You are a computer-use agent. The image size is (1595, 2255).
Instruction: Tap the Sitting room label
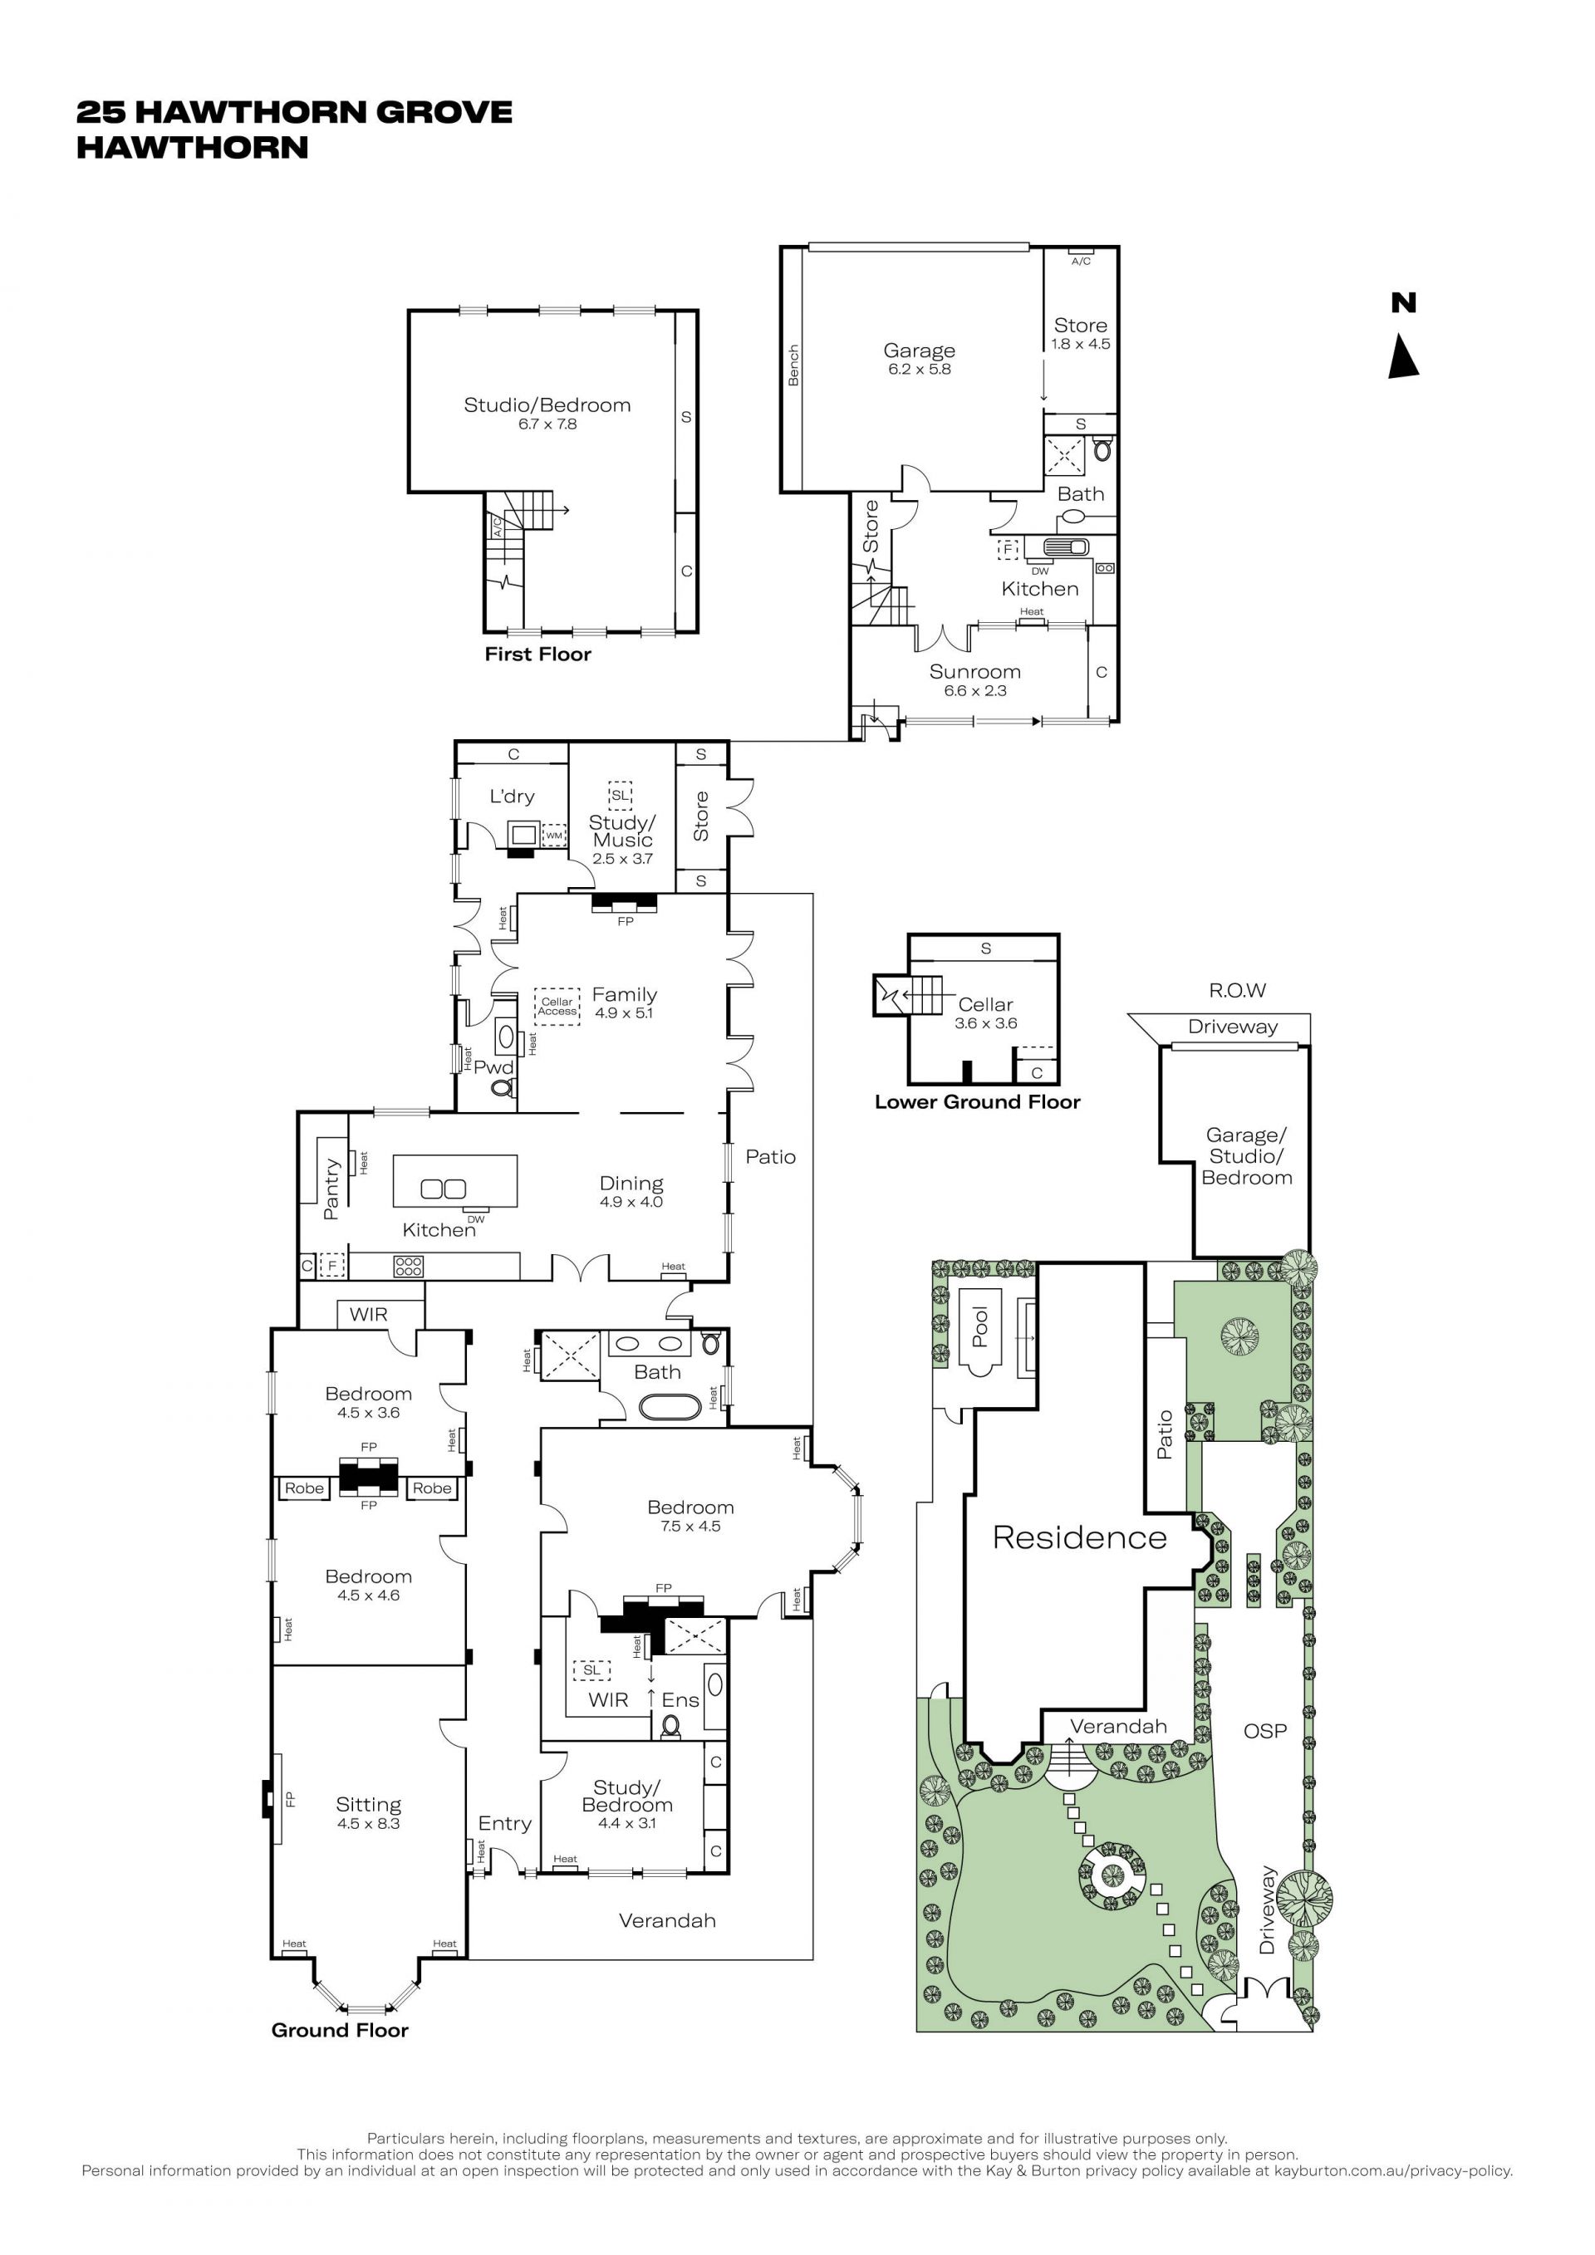tap(368, 1804)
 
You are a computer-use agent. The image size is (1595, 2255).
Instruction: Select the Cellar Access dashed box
tap(557, 1006)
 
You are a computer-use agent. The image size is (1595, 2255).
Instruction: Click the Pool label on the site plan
tap(980, 1326)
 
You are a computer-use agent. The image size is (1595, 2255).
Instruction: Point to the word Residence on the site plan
tap(1079, 1538)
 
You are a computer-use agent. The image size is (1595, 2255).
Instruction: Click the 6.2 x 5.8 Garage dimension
tap(920, 370)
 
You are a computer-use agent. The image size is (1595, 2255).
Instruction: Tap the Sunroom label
tap(975, 672)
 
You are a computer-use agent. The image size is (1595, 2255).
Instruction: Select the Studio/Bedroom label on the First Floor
tap(547, 404)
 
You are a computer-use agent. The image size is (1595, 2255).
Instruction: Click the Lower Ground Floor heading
tap(977, 1102)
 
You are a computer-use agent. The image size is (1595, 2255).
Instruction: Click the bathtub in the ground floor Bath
tap(670, 1408)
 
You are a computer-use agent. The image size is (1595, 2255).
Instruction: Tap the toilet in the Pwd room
tap(502, 1088)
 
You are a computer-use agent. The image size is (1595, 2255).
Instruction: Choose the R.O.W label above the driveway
tap(1238, 990)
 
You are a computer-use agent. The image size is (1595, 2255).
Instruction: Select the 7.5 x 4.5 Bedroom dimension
tap(690, 1527)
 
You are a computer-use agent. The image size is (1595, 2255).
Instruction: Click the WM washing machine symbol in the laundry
tap(554, 836)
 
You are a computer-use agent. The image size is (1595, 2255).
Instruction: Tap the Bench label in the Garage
tap(793, 365)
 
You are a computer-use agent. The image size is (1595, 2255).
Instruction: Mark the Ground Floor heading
tap(340, 2030)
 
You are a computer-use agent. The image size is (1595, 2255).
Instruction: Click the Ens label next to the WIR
tap(680, 1700)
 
